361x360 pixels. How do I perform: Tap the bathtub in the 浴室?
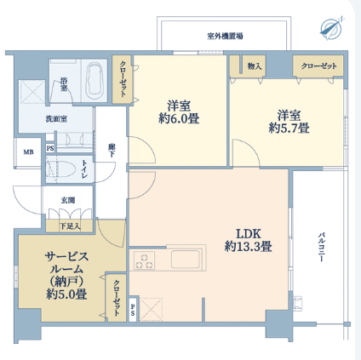95,81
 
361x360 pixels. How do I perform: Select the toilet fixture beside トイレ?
61,169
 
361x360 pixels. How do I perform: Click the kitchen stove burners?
144,260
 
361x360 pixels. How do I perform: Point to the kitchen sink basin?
186,259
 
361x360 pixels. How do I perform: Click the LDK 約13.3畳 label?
249,240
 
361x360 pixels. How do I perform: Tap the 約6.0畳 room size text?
179,118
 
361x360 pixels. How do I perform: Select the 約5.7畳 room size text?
289,129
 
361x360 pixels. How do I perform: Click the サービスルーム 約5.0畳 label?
66,275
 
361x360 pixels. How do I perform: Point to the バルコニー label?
321,247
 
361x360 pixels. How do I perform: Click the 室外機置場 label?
225,36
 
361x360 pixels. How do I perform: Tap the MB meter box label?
28,152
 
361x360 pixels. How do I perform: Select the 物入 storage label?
255,66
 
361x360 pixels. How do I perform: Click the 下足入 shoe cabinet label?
70,226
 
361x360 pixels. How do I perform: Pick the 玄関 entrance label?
68,200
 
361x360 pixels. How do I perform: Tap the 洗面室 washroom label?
56,119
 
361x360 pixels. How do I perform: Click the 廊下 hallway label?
112,151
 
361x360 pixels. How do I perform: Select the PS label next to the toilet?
50,148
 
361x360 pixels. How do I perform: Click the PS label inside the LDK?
133,310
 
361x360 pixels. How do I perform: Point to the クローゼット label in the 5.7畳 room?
319,66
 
